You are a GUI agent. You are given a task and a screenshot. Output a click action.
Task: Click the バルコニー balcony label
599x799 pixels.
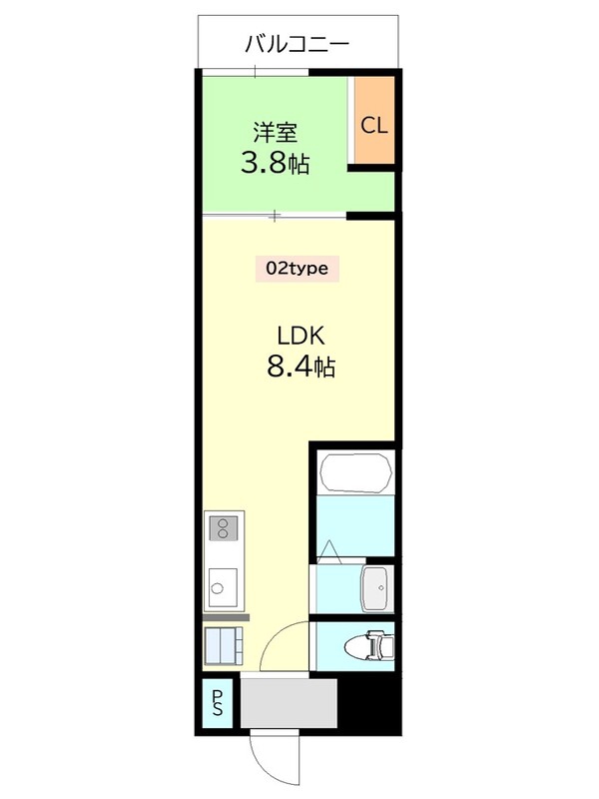[297, 44]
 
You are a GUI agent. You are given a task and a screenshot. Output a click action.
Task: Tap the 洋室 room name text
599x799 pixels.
[276, 132]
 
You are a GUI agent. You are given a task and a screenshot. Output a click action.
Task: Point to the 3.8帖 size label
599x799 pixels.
[276, 163]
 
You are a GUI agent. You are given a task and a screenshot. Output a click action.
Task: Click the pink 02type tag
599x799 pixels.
[297, 269]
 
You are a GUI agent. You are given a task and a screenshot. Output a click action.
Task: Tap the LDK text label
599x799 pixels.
[300, 336]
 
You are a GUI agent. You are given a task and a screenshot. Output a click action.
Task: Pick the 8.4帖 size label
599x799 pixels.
[301, 366]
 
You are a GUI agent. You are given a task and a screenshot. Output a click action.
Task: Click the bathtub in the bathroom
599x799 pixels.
[356, 473]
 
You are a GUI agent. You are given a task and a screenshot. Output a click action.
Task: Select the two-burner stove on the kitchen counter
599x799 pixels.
[223, 528]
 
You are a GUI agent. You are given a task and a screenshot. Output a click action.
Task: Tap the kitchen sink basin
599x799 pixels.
[223, 588]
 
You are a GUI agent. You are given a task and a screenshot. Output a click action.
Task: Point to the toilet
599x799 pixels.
[369, 646]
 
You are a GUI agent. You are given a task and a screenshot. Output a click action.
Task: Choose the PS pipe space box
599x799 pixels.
[218, 703]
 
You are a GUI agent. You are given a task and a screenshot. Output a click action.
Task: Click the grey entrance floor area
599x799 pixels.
[289, 703]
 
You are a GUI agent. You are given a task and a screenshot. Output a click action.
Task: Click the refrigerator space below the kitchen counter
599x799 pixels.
[223, 645]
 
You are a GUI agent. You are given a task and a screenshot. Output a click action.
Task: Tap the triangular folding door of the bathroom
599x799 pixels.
[329, 549]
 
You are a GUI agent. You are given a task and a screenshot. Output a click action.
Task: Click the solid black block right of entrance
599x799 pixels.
[369, 703]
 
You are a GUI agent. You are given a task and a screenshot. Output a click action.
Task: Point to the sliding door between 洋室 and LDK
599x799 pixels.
[275, 216]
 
